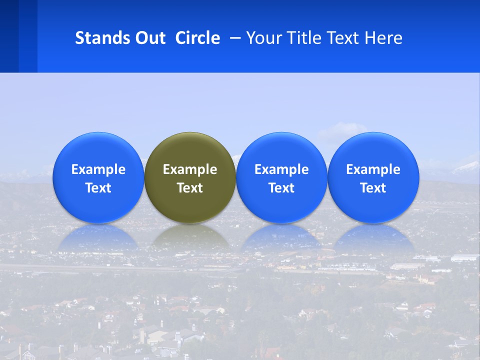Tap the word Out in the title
(x=149, y=38)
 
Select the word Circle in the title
(x=197, y=38)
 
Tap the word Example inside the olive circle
(x=190, y=169)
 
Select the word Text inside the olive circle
(x=190, y=188)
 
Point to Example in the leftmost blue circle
(x=98, y=169)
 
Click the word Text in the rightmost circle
(x=373, y=188)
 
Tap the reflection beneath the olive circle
(x=190, y=237)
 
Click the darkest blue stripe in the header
(x=9, y=36)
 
